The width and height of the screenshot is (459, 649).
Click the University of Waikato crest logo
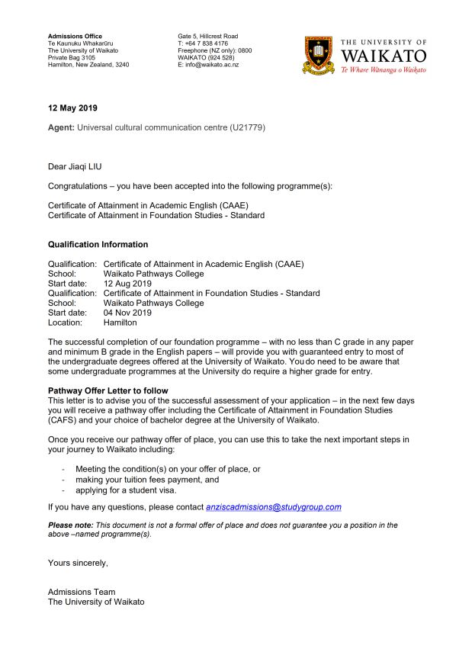pyautogui.click(x=319, y=55)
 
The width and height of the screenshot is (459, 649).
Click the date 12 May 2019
pyautogui.click(x=72, y=108)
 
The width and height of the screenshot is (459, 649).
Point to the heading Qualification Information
pyautogui.click(x=98, y=245)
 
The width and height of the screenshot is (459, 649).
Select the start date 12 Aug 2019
pyautogui.click(x=127, y=284)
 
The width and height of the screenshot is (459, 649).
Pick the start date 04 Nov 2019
pyautogui.click(x=127, y=313)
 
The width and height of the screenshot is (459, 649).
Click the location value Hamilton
pyautogui.click(x=120, y=323)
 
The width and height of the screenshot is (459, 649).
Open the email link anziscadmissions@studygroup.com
pyautogui.click(x=273, y=506)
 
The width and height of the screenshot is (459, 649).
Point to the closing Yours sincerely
pyautogui.click(x=78, y=563)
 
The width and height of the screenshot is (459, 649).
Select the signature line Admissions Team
pyautogui.click(x=82, y=592)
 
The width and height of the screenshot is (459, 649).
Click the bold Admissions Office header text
pyautogui.click(x=75, y=37)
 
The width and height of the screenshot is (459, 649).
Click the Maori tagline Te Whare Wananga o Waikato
pyautogui.click(x=383, y=69)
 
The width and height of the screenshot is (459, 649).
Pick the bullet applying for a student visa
pyautogui.click(x=126, y=490)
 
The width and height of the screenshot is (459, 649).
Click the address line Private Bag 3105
pyautogui.click(x=72, y=58)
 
